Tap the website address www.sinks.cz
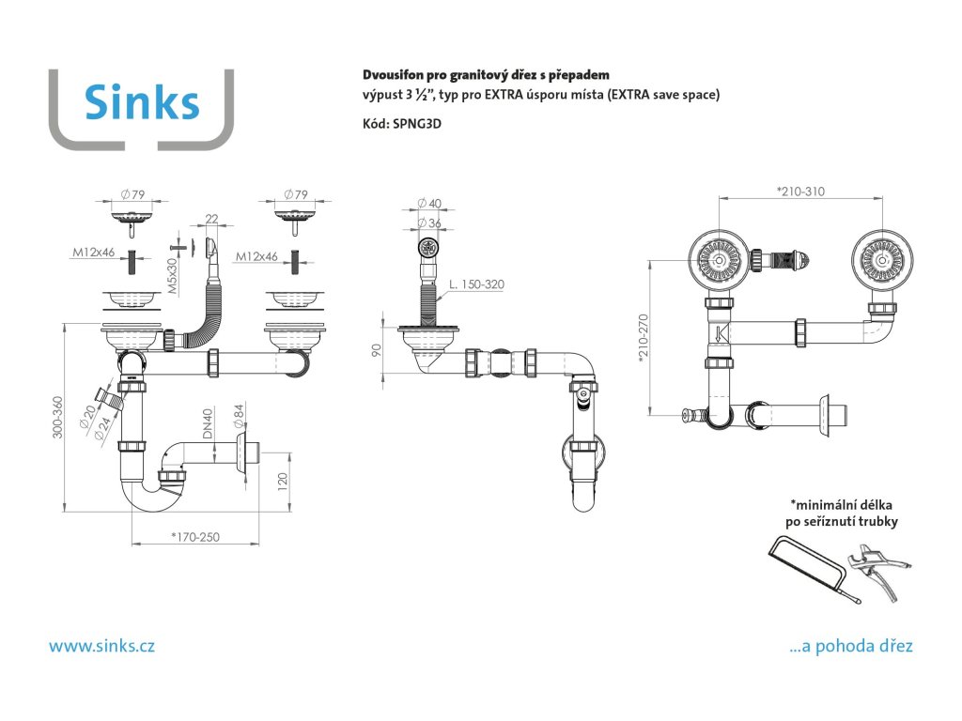101,646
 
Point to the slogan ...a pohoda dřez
851,646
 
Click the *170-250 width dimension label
195,537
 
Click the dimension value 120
283,483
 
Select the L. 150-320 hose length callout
477,284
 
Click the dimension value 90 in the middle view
376,353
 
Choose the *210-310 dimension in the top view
799,192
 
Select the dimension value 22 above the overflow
211,219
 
